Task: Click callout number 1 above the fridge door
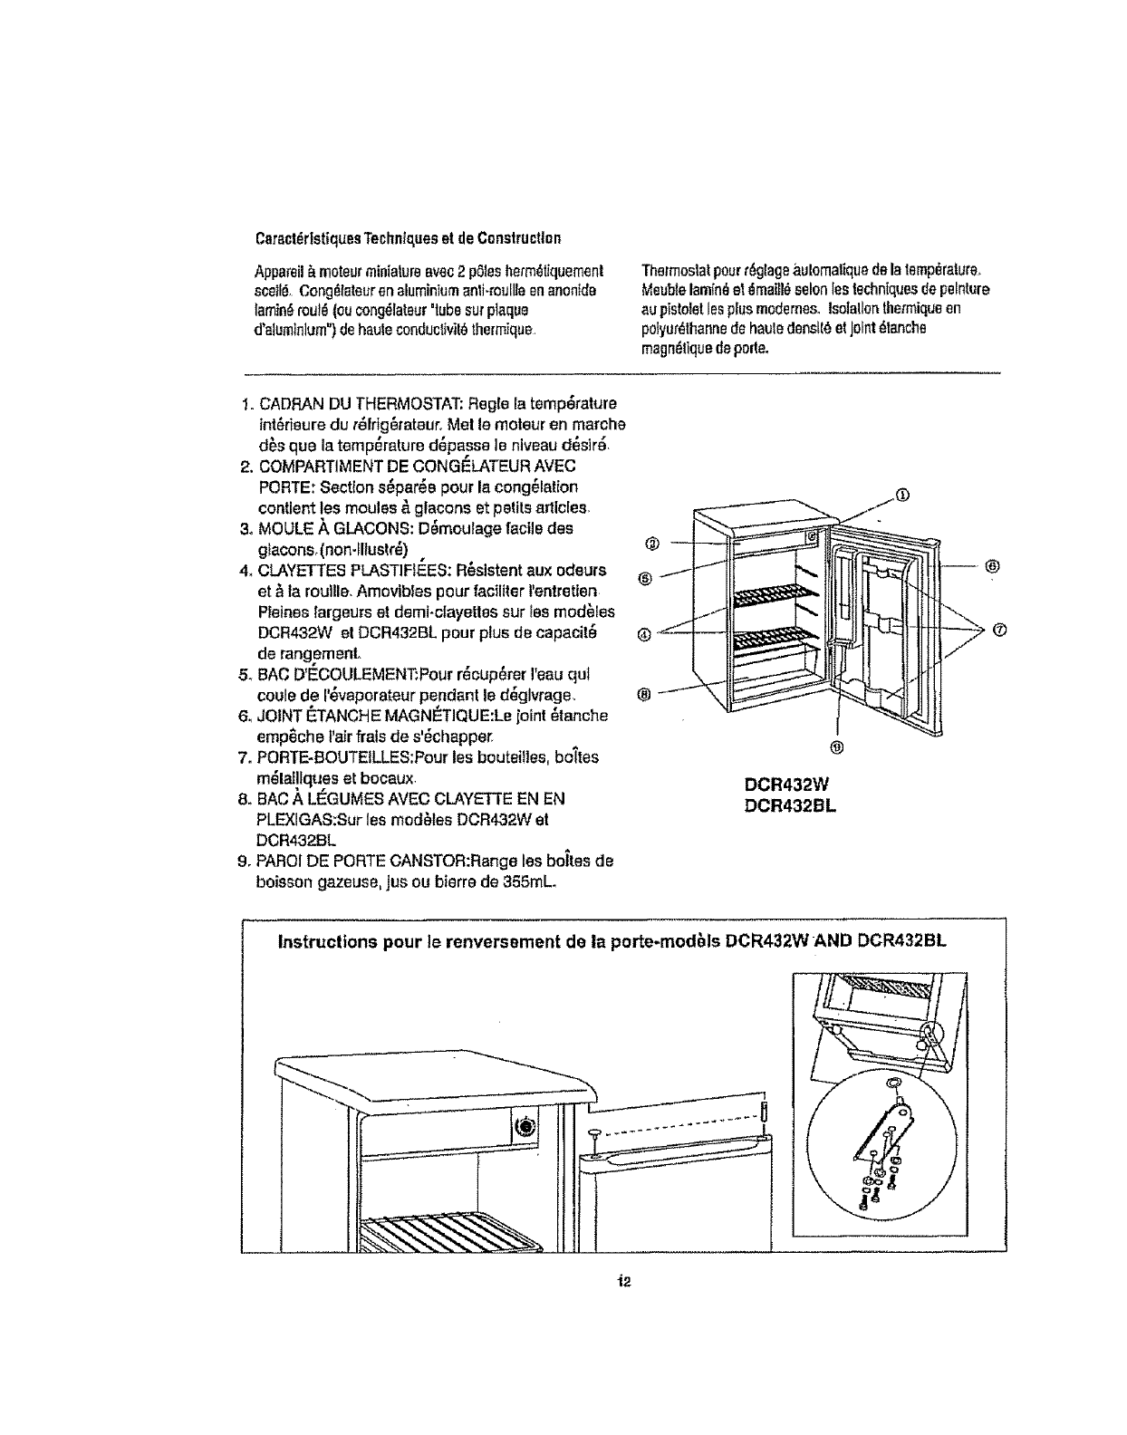tap(901, 495)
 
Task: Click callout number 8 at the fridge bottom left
tap(644, 694)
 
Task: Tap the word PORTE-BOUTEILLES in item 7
tap(317, 756)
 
